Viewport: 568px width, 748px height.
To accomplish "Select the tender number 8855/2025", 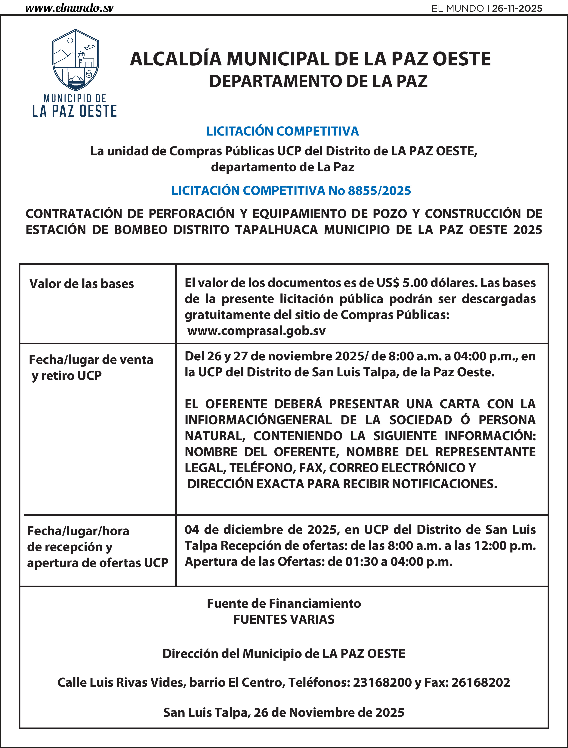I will pos(379,191).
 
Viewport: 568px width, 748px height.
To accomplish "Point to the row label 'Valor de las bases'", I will pos(82,284).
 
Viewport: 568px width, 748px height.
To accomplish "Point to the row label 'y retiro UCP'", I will pos(67,376).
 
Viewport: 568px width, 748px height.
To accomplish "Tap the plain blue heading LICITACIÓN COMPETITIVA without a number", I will pos(282,131).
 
